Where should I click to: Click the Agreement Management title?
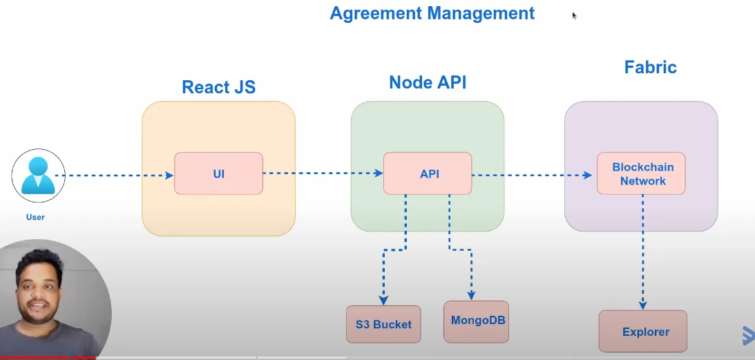[432, 14]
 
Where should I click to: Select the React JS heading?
[218, 87]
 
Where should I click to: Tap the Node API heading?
[428, 82]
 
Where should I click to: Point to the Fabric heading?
[651, 67]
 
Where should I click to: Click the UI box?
[218, 173]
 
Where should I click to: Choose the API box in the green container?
[428, 173]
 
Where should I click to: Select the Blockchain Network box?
[641, 173]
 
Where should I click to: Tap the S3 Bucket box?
[383, 324]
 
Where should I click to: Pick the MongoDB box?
[476, 322]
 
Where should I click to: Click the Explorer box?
[643, 331]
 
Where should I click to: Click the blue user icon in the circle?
[38, 176]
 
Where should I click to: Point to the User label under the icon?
[36, 218]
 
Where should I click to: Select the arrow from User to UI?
[114, 176]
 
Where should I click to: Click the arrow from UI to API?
[323, 173]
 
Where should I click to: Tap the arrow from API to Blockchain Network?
[532, 176]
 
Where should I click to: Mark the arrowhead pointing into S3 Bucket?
[383, 301]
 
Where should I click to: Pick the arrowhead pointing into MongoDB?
[471, 296]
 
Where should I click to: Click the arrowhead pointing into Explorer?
[642, 305]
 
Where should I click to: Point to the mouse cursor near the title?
[575, 15]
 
